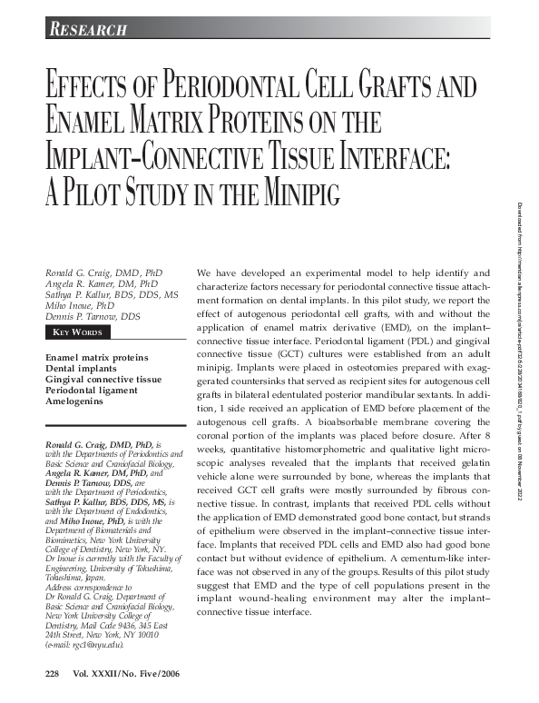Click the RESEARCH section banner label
(x=87, y=30)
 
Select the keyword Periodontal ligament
(x=91, y=390)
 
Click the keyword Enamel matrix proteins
(x=96, y=357)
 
